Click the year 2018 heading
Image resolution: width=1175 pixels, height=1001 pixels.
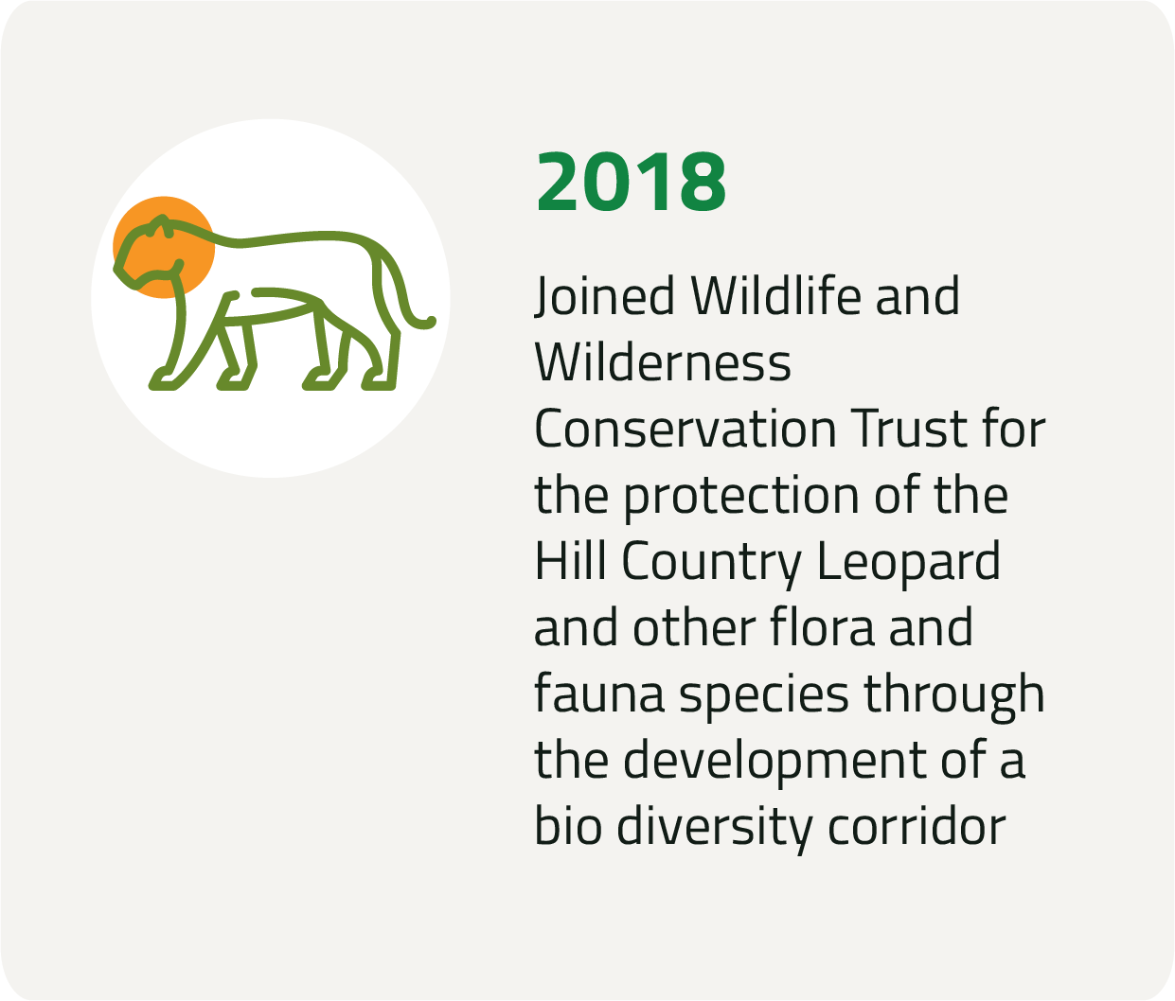click(631, 183)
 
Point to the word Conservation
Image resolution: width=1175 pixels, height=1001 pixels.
click(685, 429)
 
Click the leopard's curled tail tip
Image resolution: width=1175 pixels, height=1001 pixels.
click(429, 323)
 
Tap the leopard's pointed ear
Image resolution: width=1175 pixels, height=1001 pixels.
click(163, 221)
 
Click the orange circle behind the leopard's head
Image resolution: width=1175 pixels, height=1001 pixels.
click(164, 247)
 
